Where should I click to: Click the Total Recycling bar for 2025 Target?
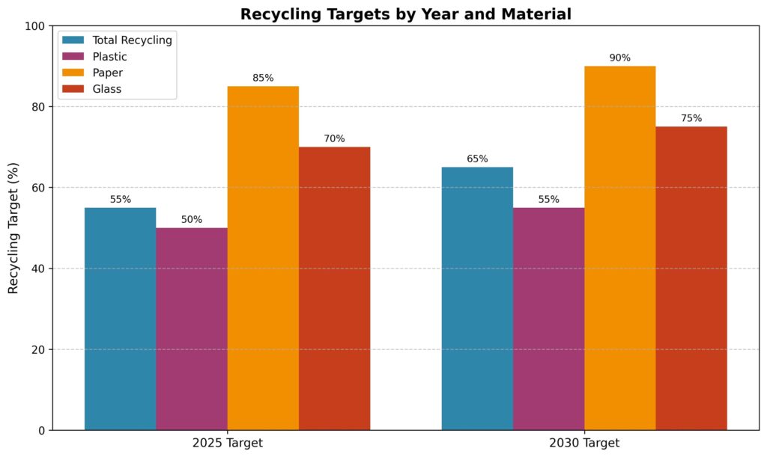[x=120, y=319]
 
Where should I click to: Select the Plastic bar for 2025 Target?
[x=192, y=329]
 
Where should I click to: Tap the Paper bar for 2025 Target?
[x=263, y=258]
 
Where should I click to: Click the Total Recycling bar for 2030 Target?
[x=477, y=298]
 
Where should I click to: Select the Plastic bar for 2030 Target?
[x=548, y=319]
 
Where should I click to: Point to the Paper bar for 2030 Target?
[x=619, y=248]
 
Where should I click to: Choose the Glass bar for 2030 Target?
[x=691, y=278]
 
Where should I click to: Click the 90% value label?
[x=619, y=58]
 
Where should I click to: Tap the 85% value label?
[x=263, y=79]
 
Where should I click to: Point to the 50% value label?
[x=192, y=220]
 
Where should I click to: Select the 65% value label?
[x=477, y=159]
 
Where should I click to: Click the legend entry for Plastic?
[x=109, y=57]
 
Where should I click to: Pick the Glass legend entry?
[x=107, y=89]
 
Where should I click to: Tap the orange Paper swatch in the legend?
[x=73, y=73]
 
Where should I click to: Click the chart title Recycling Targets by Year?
[x=405, y=14]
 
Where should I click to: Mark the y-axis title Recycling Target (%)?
[x=13, y=227]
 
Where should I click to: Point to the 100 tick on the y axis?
[x=34, y=26]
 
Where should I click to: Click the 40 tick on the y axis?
[x=37, y=269]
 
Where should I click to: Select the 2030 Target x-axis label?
[x=584, y=443]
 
